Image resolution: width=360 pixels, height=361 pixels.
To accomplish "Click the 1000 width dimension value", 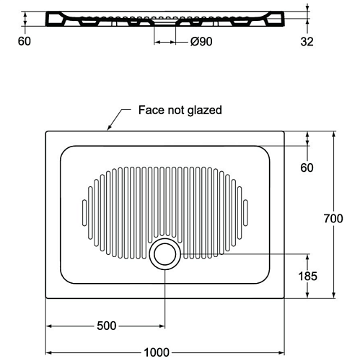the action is point(157,352).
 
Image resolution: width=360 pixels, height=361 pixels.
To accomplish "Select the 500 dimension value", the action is point(107,326).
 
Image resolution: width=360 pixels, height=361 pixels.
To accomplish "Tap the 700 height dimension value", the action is point(333,219).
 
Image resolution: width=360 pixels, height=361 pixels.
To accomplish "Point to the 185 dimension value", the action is point(307,276).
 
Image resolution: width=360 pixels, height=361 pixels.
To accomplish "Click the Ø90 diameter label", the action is point(201,41).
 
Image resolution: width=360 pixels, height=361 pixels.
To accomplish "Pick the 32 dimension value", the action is point(307,41).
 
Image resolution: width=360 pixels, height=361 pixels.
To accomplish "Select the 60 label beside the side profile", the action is point(25,41).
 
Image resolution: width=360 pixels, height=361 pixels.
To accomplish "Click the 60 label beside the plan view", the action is point(307,168).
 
